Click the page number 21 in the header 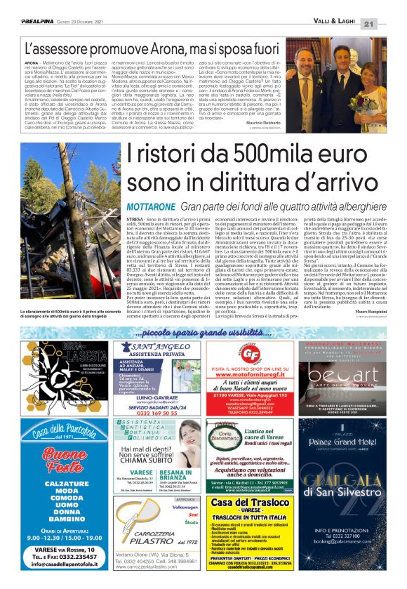tap(389, 23)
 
